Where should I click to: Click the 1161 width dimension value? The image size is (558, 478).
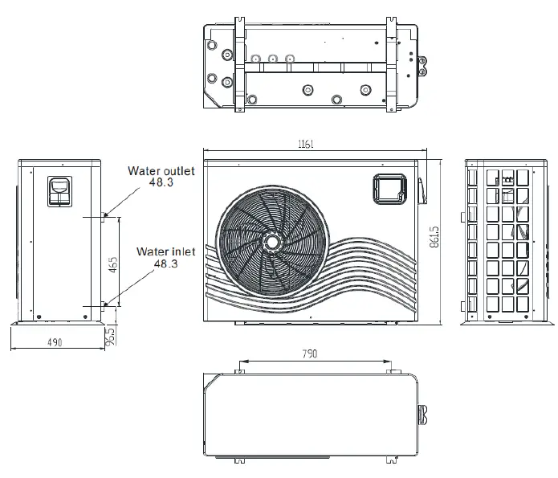coord(305,144)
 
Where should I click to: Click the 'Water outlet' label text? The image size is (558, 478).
coord(161,171)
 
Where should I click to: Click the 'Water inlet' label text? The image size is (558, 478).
coord(165,251)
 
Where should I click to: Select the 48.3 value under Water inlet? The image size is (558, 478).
coord(165,263)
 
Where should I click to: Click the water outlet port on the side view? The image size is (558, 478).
coord(104,214)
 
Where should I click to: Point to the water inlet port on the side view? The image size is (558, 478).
coord(104,304)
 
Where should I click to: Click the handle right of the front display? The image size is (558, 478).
coord(419,190)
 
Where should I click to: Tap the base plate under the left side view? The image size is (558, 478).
coord(60,324)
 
